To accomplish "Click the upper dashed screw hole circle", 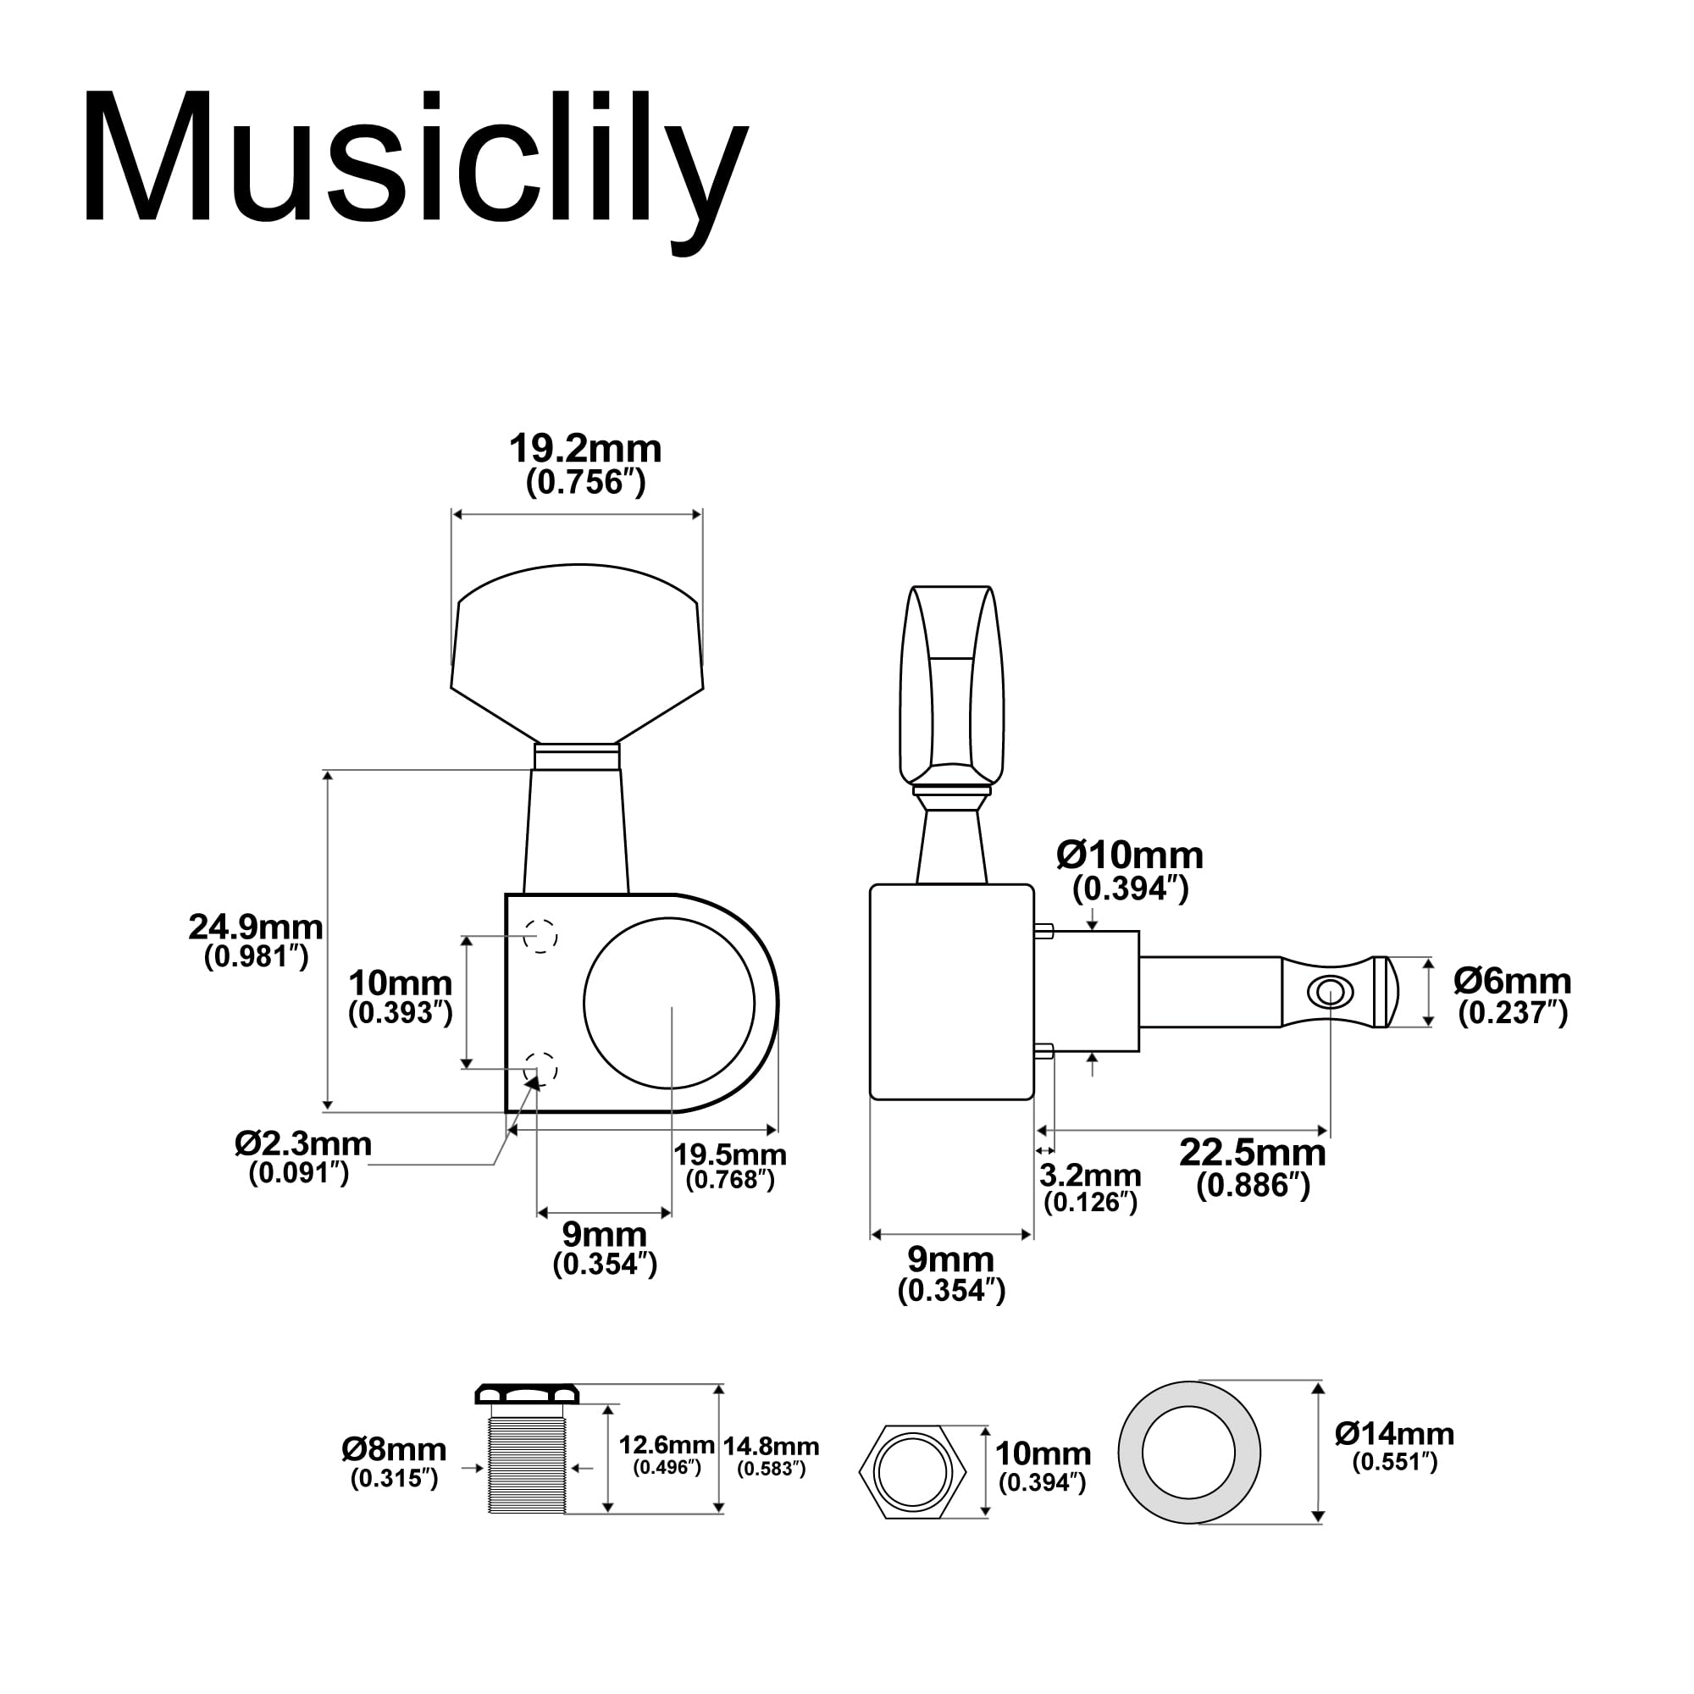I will click(x=540, y=936).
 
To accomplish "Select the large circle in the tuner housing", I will click(x=669, y=1003).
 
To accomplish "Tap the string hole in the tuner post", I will click(x=1329, y=993).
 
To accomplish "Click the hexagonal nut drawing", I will click(x=913, y=1473).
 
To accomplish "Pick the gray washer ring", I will click(x=1132, y=1453).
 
